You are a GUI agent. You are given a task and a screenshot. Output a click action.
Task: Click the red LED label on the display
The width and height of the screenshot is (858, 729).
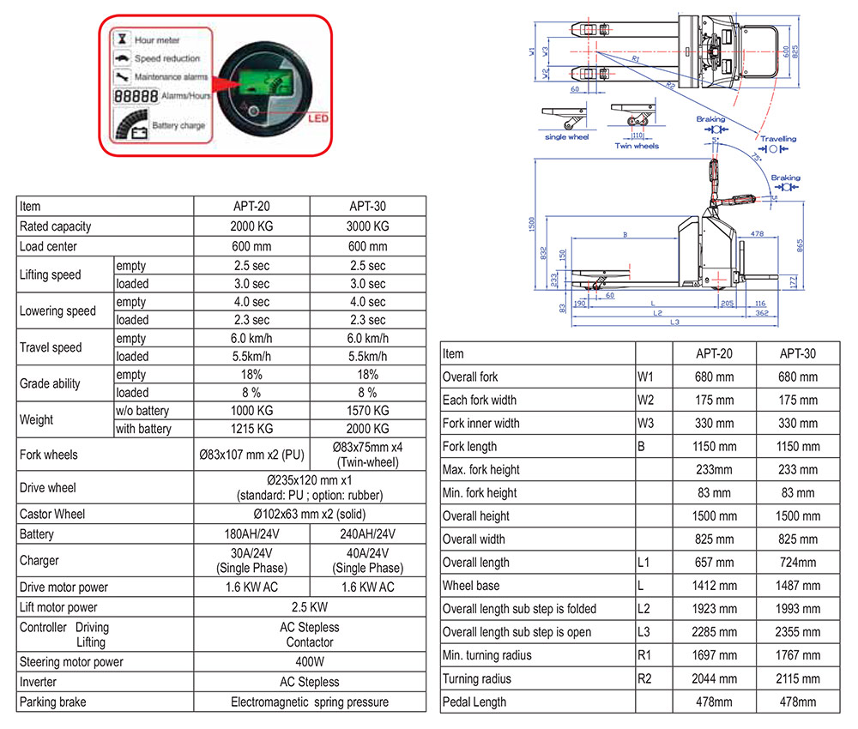tap(318, 117)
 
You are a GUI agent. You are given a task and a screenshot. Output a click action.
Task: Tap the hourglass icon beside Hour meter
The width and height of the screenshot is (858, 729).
tap(123, 39)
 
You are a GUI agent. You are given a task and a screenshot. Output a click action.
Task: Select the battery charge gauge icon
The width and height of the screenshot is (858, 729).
tap(134, 126)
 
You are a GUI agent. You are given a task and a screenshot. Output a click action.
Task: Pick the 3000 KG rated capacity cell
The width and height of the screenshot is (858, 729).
tap(367, 226)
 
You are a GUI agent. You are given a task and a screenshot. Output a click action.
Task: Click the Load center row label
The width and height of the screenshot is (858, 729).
tap(48, 246)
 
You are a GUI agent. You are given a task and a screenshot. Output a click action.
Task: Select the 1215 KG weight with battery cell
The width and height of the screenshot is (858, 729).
tap(251, 429)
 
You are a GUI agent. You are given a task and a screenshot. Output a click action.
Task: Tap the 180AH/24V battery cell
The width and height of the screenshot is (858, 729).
tap(251, 534)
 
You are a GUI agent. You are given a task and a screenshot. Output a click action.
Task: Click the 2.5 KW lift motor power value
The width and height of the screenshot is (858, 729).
tap(309, 606)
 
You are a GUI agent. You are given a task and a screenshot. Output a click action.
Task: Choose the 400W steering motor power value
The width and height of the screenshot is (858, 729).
tap(309, 661)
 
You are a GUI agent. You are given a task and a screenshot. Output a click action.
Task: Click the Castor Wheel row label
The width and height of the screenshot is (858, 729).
tap(54, 514)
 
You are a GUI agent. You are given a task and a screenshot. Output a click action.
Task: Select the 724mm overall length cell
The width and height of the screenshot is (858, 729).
tap(797, 563)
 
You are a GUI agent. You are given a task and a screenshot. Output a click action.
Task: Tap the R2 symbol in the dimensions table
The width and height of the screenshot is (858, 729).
tap(645, 678)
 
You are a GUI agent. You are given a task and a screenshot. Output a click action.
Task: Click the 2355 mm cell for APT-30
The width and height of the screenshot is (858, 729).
tap(797, 632)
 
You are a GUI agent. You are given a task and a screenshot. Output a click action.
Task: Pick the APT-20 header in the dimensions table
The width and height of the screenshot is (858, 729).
tap(714, 353)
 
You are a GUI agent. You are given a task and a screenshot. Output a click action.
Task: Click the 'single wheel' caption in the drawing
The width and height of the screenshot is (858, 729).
tap(566, 137)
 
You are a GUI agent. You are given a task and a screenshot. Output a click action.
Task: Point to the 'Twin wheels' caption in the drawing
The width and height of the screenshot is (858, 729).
tap(637, 146)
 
